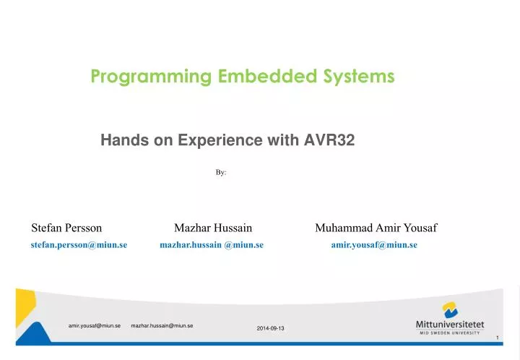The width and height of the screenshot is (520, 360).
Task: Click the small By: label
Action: pyautogui.click(x=221, y=173)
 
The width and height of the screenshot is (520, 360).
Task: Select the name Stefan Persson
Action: pyautogui.click(x=66, y=228)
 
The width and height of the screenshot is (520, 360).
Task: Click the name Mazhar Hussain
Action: pyautogui.click(x=213, y=228)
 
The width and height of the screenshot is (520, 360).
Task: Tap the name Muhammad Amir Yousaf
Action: pyautogui.click(x=376, y=228)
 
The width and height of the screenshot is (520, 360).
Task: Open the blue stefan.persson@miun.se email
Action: pyautogui.click(x=79, y=245)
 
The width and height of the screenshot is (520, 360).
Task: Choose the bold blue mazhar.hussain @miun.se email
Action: pyautogui.click(x=211, y=245)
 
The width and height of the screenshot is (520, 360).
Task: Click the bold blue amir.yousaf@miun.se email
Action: pyautogui.click(x=374, y=245)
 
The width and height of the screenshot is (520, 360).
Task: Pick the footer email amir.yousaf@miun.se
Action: pyautogui.click(x=94, y=326)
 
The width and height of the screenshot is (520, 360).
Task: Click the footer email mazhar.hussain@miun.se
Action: pyautogui.click(x=162, y=326)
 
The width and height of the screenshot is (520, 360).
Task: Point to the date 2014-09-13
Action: pyautogui.click(x=271, y=329)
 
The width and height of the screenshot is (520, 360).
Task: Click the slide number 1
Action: pyautogui.click(x=498, y=338)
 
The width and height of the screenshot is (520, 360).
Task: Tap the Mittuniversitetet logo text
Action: pyautogui.click(x=450, y=324)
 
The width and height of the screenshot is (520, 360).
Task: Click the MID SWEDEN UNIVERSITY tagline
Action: pyautogui.click(x=450, y=333)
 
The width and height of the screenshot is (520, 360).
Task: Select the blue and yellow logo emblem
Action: pyautogui.click(x=450, y=309)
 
